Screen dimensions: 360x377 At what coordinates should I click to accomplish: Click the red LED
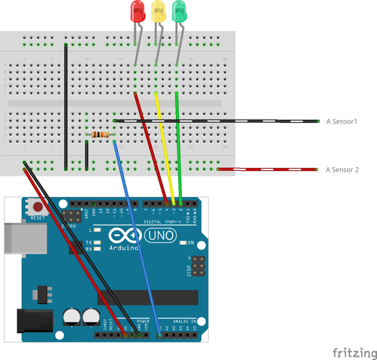pyautogui.click(x=137, y=11)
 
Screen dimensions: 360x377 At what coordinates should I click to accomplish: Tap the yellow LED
pyautogui.click(x=158, y=11)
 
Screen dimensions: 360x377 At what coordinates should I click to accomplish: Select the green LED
pyautogui.click(x=179, y=11)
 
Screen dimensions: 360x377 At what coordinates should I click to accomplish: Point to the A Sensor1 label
pyautogui.click(x=341, y=121)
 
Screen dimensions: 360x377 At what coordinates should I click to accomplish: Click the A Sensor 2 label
pyautogui.click(x=342, y=170)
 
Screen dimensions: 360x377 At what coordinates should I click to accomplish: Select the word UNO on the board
pyautogui.click(x=160, y=235)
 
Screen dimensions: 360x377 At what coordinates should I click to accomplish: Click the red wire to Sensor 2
pyautogui.click(x=267, y=169)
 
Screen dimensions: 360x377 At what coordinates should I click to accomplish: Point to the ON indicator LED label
pyautogui.click(x=191, y=243)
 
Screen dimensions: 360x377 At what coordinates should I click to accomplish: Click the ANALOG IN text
pyautogui.click(x=184, y=321)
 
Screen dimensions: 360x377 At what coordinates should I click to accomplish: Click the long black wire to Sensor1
pyautogui.click(x=216, y=121)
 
